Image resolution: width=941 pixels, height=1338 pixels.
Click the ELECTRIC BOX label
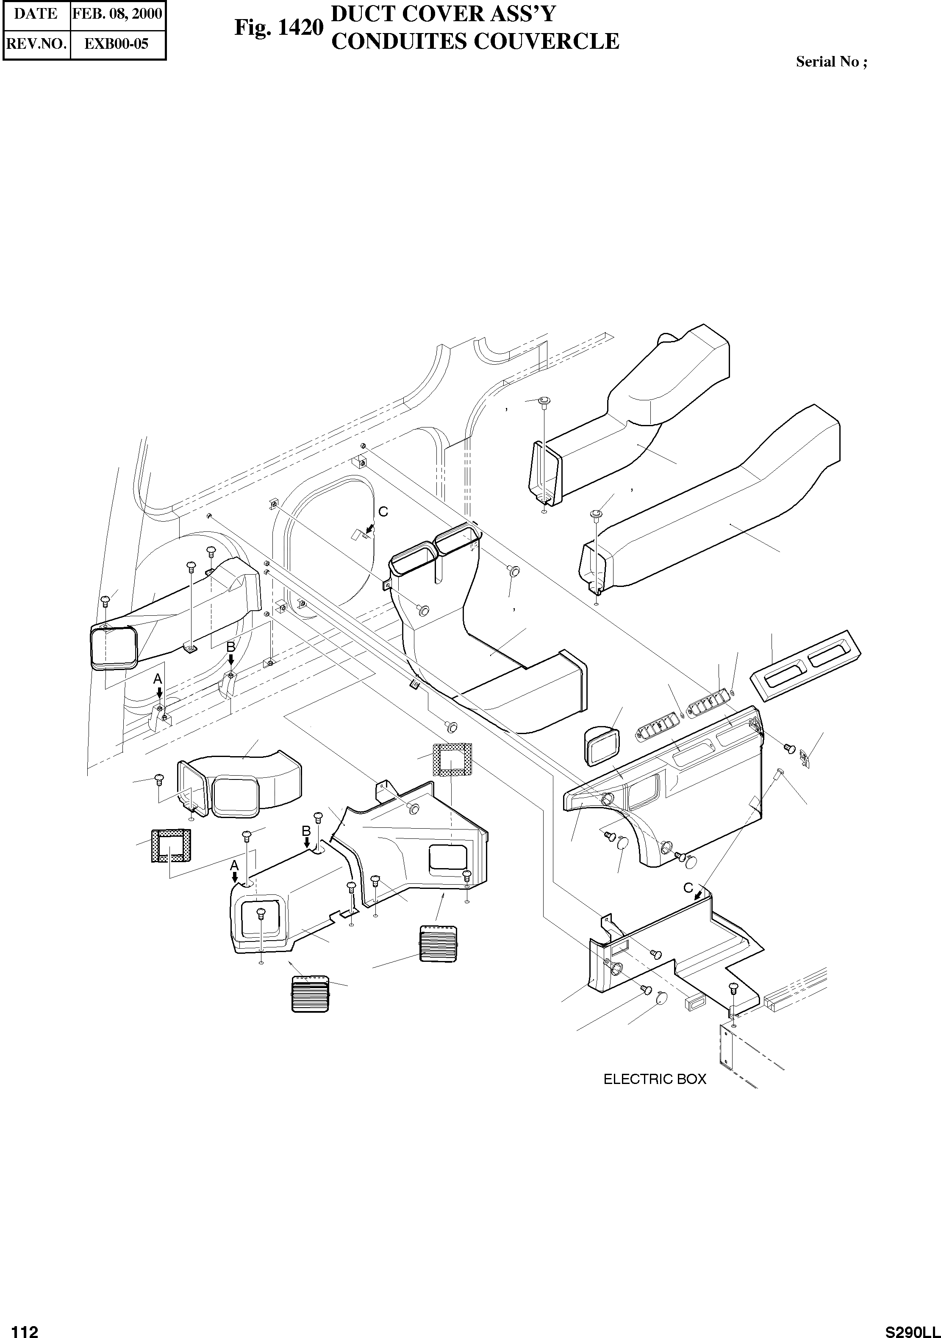point(655,1079)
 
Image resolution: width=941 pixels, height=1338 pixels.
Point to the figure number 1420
point(278,28)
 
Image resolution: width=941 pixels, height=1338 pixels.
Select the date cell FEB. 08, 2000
point(117,14)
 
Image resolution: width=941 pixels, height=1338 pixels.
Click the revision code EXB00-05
point(117,43)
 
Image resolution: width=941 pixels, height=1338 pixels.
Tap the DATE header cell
point(36,14)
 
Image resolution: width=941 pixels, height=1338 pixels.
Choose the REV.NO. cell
point(36,43)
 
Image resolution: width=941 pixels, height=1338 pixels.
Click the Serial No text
point(831,62)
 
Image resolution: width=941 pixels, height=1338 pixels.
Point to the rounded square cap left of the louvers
point(602,746)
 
